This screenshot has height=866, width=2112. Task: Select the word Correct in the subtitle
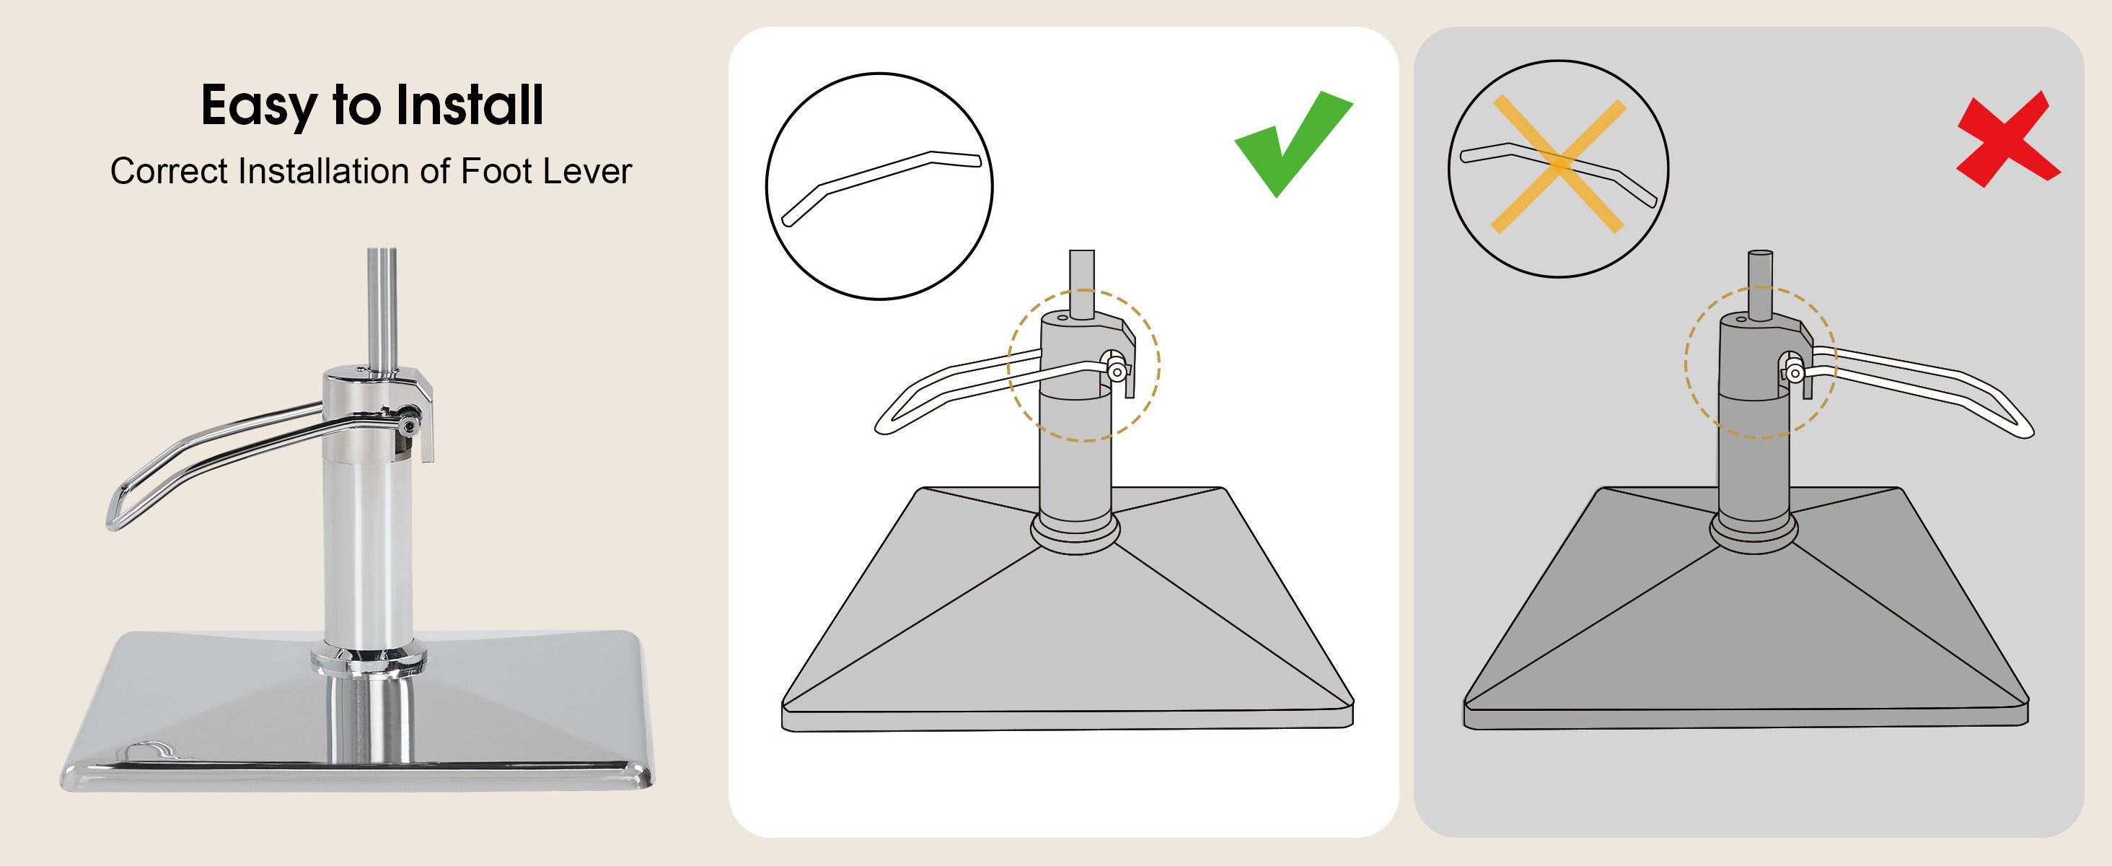169,172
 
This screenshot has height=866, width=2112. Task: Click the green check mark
1292,144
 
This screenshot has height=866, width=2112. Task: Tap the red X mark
2008,139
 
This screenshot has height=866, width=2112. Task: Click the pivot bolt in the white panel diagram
1116,372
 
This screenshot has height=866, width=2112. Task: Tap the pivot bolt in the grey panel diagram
1794,374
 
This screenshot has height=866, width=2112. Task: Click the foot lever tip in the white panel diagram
884,425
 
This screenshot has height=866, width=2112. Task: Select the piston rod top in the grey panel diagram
1760,254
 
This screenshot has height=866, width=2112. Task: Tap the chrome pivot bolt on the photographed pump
408,424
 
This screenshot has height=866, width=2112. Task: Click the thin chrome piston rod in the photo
382,307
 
